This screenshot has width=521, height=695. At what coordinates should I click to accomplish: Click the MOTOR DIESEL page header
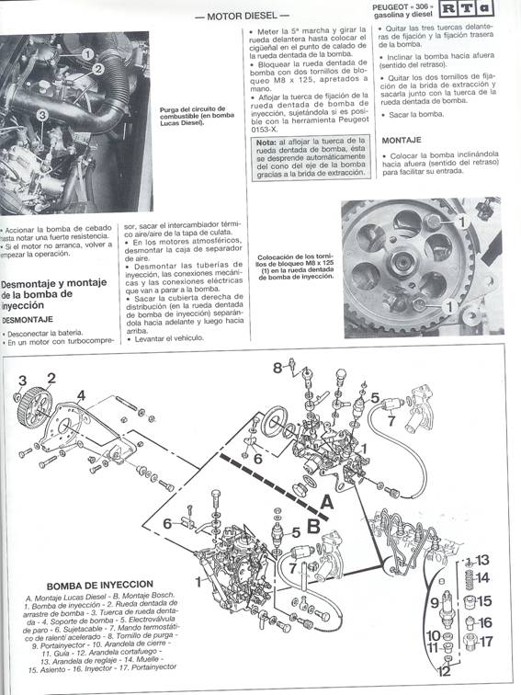[242, 16]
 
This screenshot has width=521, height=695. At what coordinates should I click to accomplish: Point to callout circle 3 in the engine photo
[42, 115]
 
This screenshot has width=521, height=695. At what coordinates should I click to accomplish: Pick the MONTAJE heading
[401, 140]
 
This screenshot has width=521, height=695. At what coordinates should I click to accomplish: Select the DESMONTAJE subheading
[32, 319]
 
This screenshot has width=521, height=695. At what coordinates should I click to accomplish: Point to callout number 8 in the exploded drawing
[277, 368]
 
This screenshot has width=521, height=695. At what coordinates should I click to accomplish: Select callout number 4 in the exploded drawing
[81, 396]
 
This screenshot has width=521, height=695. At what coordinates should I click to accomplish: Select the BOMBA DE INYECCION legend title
[94, 584]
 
